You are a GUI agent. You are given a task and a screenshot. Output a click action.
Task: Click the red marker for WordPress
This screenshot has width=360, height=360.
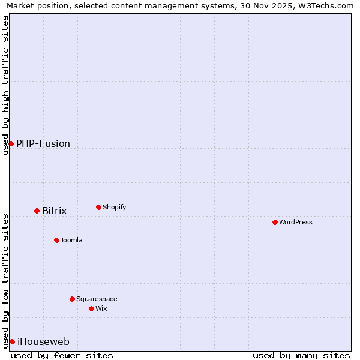(275, 222)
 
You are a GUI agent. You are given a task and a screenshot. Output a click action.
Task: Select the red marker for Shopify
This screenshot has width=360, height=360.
(98, 207)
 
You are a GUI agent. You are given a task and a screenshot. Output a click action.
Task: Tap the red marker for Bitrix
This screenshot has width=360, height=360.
(37, 211)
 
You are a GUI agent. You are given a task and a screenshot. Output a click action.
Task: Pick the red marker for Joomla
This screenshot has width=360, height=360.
(56, 240)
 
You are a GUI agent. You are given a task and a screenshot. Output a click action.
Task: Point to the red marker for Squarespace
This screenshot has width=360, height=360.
(72, 299)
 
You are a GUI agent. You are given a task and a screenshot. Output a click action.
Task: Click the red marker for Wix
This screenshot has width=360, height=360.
(91, 308)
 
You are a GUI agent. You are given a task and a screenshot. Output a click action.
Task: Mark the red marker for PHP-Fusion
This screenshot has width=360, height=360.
(11, 143)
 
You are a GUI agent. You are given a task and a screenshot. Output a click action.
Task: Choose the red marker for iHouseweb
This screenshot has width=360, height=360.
(12, 341)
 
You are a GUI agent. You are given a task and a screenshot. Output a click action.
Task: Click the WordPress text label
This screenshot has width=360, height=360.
(296, 222)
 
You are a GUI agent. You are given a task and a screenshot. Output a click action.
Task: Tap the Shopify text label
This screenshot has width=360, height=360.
(114, 207)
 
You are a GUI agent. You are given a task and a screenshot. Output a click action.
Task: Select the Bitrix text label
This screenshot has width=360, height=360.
(54, 211)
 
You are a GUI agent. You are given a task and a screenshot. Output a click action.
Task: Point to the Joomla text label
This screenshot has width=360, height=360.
(71, 240)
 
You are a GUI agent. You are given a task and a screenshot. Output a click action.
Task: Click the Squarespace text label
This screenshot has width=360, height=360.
(97, 299)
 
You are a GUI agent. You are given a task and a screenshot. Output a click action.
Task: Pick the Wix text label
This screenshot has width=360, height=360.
(101, 308)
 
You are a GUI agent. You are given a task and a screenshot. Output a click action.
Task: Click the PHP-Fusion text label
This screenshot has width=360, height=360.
(43, 143)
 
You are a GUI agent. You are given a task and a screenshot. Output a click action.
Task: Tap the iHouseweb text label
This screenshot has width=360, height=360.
(43, 341)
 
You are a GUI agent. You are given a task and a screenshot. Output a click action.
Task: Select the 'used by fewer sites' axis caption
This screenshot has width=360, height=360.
(62, 355)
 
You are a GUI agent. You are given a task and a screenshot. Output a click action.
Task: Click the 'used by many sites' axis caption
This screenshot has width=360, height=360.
(301, 355)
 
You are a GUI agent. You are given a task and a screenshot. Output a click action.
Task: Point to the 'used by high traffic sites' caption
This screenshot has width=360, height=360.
(5, 85)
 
